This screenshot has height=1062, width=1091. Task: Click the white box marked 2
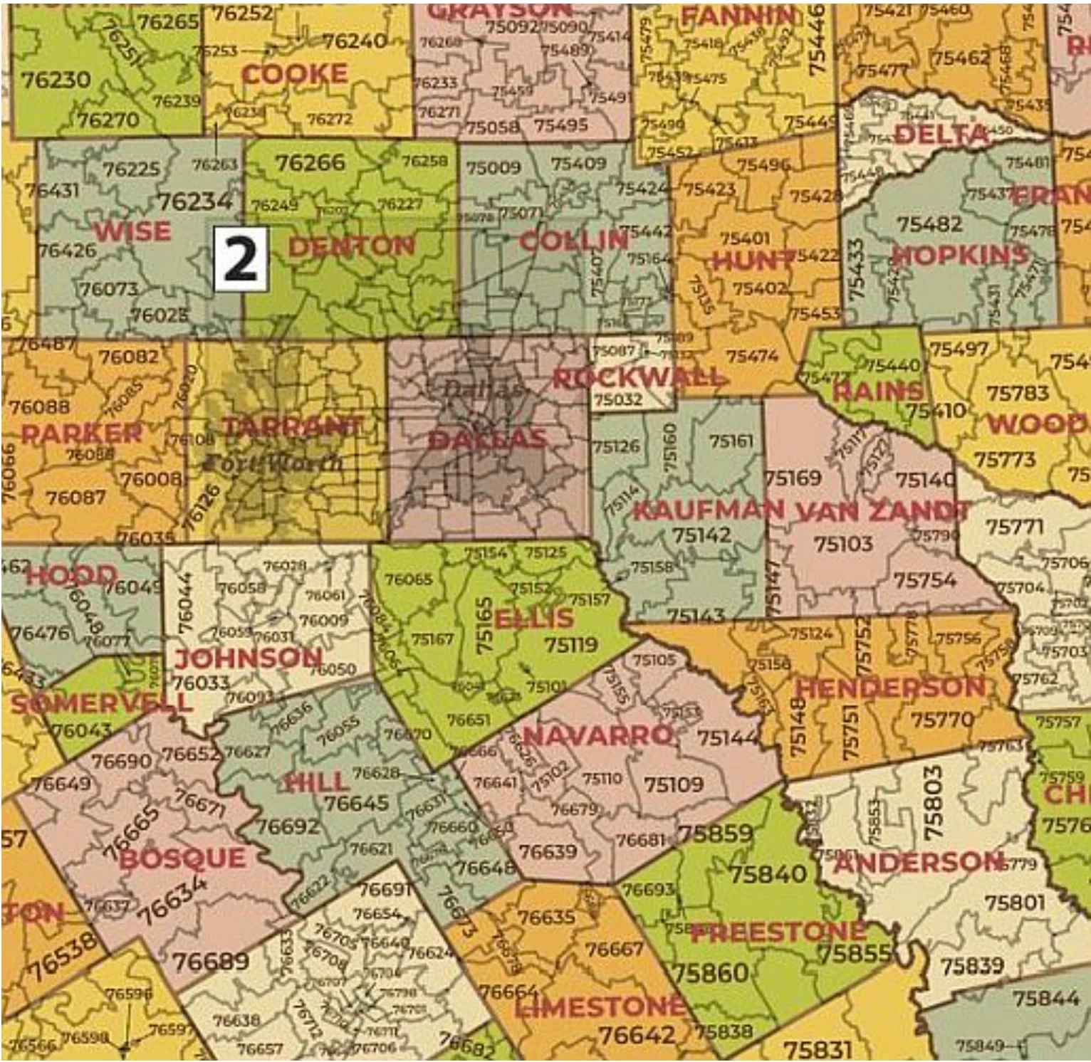click(x=241, y=260)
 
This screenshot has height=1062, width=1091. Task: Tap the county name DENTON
click(x=351, y=247)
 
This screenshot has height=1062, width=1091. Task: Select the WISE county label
click(x=132, y=231)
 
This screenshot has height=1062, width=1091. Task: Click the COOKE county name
click(x=294, y=74)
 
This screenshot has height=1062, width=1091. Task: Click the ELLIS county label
click(x=534, y=618)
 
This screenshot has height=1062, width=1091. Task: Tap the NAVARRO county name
click(x=598, y=735)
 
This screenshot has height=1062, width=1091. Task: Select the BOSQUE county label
click(x=182, y=858)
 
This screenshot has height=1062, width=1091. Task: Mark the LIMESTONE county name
click(x=600, y=1006)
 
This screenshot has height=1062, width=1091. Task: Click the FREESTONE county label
click(x=778, y=932)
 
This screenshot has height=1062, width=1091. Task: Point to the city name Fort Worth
click(x=273, y=463)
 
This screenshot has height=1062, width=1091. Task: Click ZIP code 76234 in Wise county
click(x=195, y=201)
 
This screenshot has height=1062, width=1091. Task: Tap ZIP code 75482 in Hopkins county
click(x=930, y=224)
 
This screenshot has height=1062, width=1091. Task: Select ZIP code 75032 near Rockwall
click(x=617, y=399)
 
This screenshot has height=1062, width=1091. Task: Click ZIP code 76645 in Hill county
click(x=356, y=803)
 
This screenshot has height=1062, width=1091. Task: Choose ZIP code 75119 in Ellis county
click(x=570, y=645)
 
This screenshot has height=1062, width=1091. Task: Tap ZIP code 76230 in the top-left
click(x=56, y=80)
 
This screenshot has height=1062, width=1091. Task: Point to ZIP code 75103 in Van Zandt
click(x=843, y=544)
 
